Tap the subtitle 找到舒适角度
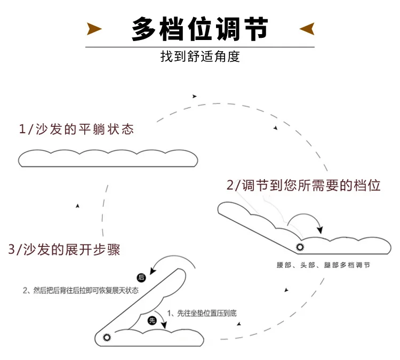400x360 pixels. click(x=200, y=57)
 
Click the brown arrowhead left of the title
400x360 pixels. click(x=94, y=29)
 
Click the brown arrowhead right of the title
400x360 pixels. click(x=307, y=29)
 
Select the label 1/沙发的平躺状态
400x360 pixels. click(x=76, y=129)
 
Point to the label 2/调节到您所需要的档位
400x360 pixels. click(x=303, y=186)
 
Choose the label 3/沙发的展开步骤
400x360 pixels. click(x=65, y=249)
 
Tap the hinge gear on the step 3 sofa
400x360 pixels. click(x=106, y=337)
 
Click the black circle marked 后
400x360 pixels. click(x=141, y=277)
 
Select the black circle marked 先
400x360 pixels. click(x=152, y=320)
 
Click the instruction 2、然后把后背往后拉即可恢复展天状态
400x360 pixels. click(x=81, y=290)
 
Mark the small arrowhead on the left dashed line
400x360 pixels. click(x=78, y=205)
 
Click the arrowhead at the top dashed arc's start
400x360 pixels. click(x=195, y=96)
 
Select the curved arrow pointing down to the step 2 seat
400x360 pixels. click(x=309, y=219)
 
